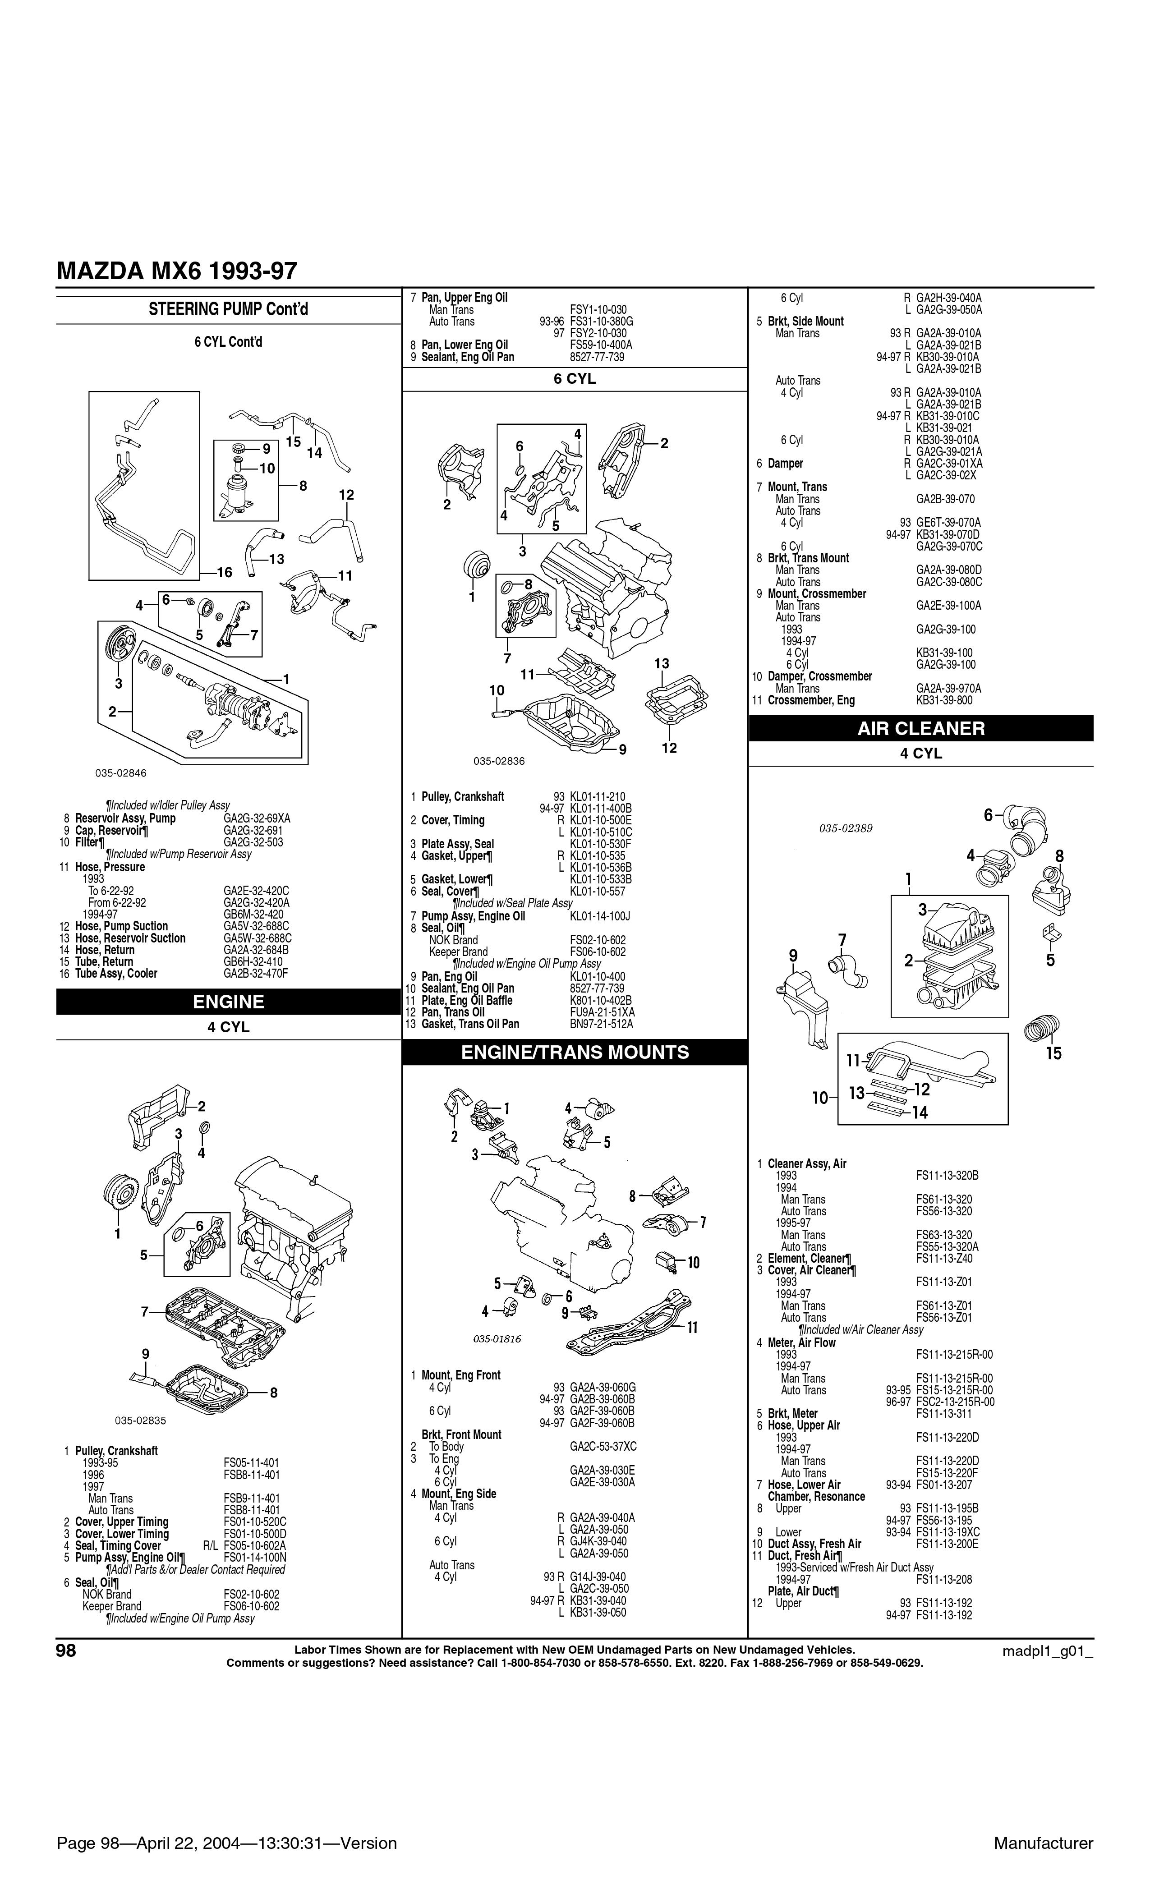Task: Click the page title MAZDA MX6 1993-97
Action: (177, 271)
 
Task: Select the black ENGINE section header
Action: (228, 1002)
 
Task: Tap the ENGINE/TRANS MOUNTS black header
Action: (575, 1053)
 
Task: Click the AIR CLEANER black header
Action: (921, 728)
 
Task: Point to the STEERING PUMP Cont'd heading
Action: (228, 309)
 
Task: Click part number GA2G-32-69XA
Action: (257, 818)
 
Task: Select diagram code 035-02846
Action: (121, 772)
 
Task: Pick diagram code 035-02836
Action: (499, 761)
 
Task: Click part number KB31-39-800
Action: (944, 700)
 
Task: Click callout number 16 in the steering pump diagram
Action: (224, 572)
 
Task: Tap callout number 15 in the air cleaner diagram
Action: (1053, 1053)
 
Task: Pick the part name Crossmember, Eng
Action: (811, 700)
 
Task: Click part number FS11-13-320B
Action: (947, 1175)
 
